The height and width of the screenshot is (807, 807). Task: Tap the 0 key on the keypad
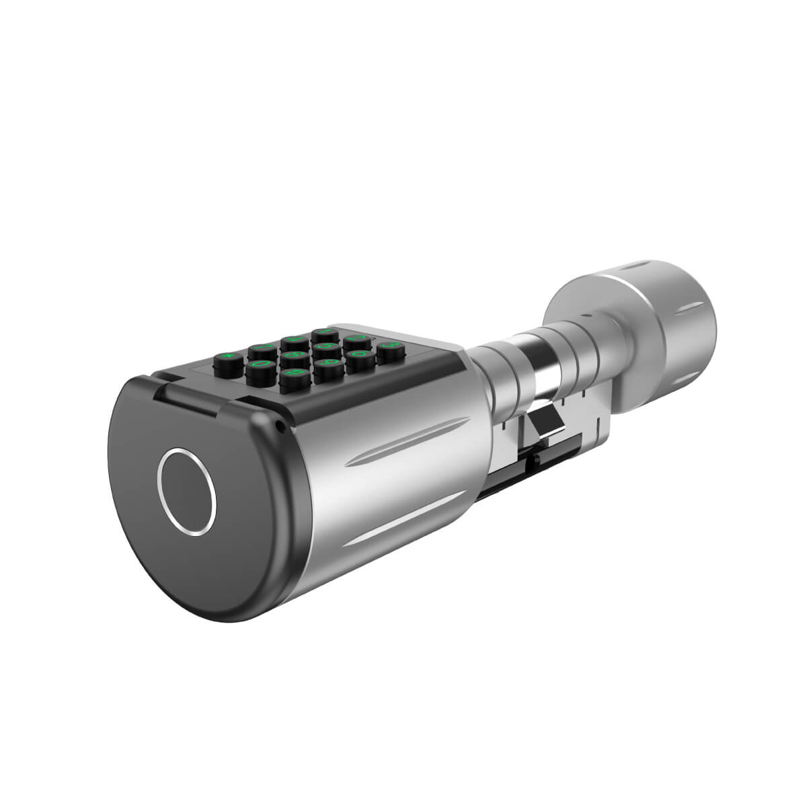261,364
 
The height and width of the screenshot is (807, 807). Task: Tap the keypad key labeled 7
263,347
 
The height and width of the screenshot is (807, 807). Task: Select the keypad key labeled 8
295,355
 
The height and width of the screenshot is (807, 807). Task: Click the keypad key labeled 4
295,340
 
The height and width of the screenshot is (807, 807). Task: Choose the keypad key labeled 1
325,332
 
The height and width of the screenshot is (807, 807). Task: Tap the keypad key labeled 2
357,338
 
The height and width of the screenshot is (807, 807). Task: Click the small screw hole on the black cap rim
277,425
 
